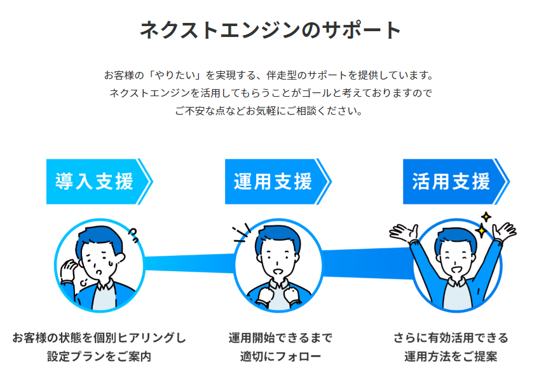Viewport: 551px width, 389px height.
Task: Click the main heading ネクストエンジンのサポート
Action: tap(271, 30)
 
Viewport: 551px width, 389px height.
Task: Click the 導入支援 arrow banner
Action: tap(99, 181)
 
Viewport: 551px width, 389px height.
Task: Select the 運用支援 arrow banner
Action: tap(278, 181)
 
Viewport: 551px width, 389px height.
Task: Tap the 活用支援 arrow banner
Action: tap(456, 181)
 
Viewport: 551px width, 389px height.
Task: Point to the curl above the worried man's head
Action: tap(133, 234)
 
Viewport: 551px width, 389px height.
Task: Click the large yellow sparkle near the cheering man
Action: tap(482, 231)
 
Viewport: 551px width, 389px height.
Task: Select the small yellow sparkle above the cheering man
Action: tap(486, 217)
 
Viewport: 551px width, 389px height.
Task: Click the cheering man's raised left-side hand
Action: tap(404, 232)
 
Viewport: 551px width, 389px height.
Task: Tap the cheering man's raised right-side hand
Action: tap(504, 231)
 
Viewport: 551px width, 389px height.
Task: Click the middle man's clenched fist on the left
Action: tap(265, 295)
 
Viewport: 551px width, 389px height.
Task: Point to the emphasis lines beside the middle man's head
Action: tap(241, 232)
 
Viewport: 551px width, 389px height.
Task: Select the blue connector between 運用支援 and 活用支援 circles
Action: tap(367, 264)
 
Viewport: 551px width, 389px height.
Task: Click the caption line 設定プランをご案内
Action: tap(99, 357)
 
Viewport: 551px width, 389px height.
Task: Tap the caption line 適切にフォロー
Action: tap(280, 357)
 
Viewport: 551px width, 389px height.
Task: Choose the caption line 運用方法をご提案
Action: tap(451, 357)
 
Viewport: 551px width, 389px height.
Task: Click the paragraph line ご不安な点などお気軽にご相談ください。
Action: tap(268, 111)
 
